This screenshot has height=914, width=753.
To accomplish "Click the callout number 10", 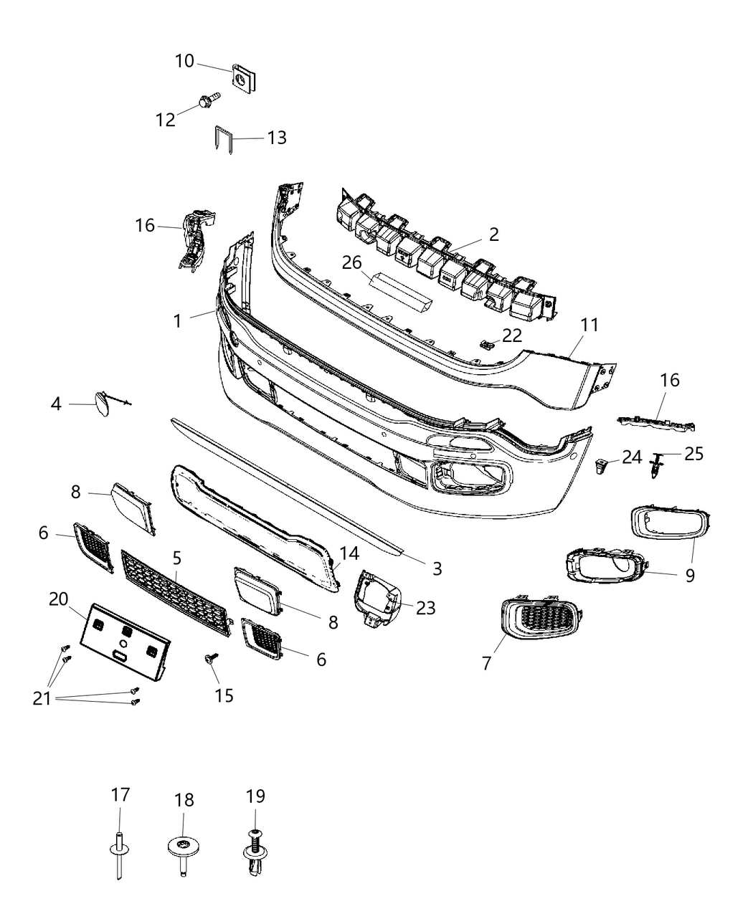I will (184, 61).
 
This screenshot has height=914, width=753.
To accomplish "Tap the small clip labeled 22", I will (487, 344).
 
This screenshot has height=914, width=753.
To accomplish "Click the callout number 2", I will (494, 234).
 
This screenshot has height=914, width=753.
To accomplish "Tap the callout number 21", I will (42, 698).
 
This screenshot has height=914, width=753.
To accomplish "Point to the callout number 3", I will (437, 568).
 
